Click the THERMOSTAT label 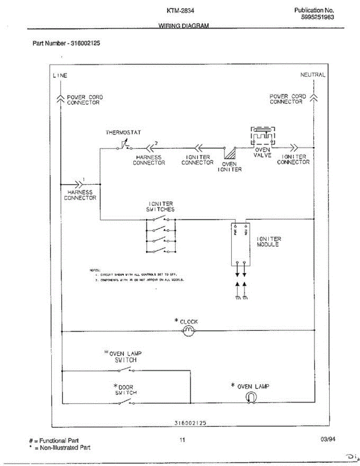point(123,132)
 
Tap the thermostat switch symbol point(125,146)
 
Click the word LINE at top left point(60,75)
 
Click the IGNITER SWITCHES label point(161,206)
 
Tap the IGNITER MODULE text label point(269,242)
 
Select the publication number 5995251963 point(317,17)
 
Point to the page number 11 point(182,440)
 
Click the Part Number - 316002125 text point(66,43)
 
